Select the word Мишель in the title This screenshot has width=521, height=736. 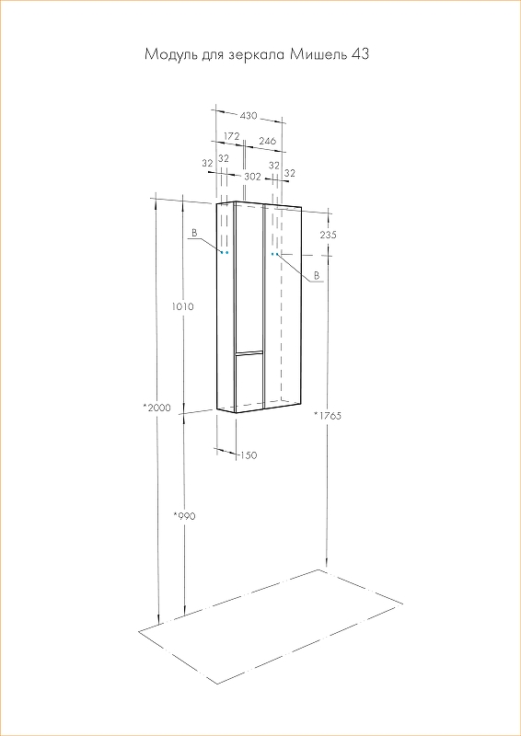[x=318, y=55]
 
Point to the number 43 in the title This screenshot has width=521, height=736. [x=360, y=54]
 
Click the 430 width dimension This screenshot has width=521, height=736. [x=249, y=116]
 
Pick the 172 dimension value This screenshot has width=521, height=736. [x=232, y=136]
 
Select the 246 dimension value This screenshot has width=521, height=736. [x=267, y=141]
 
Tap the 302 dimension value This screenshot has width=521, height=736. [x=253, y=177]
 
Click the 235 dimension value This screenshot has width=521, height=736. [x=328, y=235]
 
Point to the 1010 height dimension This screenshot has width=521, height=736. [x=183, y=307]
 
